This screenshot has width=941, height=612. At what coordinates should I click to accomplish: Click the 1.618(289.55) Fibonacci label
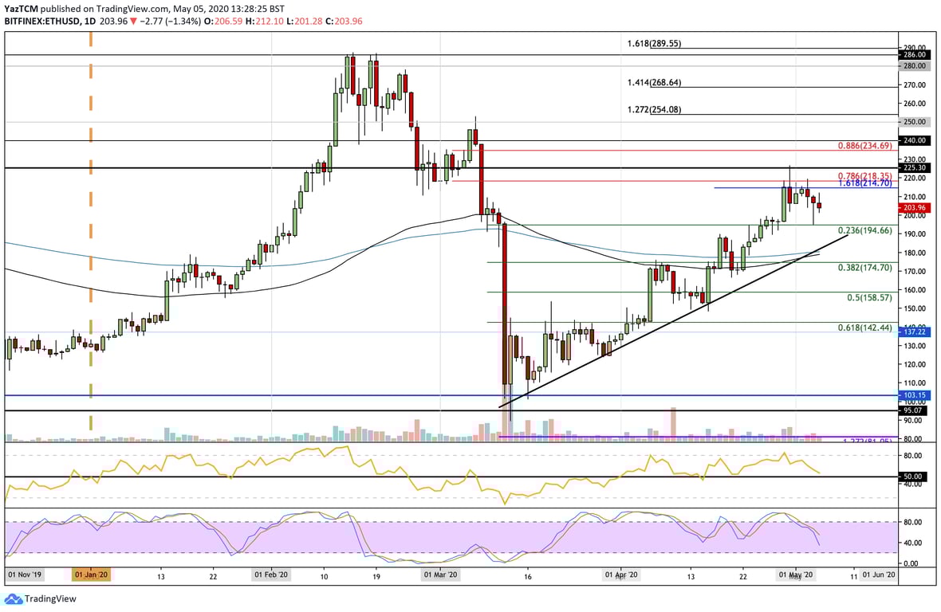(656, 44)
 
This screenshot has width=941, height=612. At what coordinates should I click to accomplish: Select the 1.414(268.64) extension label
(656, 82)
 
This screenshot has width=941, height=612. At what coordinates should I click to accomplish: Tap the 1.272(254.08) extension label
(656, 109)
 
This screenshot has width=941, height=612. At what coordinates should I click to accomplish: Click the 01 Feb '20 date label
(271, 574)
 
